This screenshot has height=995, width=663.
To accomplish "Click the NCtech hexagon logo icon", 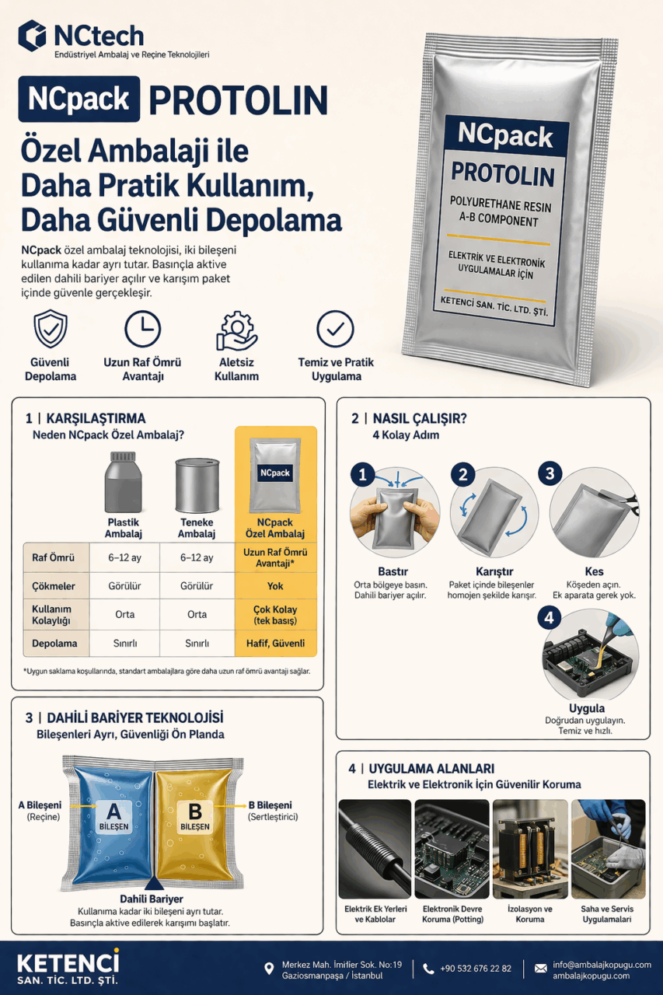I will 33,36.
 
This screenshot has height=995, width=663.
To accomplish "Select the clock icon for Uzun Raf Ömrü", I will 143,329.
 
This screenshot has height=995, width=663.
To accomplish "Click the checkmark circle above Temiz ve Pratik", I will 336,329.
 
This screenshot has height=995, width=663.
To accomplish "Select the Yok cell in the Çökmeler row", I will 275,586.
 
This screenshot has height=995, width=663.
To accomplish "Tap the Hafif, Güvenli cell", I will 275,643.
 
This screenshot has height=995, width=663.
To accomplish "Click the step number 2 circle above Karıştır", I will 463,475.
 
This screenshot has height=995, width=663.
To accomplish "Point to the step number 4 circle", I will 549,618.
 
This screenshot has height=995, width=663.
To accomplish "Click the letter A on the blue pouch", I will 114,811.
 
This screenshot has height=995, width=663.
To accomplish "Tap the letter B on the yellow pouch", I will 195,811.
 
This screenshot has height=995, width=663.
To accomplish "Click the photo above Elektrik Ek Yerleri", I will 375,849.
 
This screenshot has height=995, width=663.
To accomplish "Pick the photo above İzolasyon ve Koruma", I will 529,849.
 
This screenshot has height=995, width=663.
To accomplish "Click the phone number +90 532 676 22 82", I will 476,969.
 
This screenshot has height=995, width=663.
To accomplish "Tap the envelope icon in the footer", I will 540,969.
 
